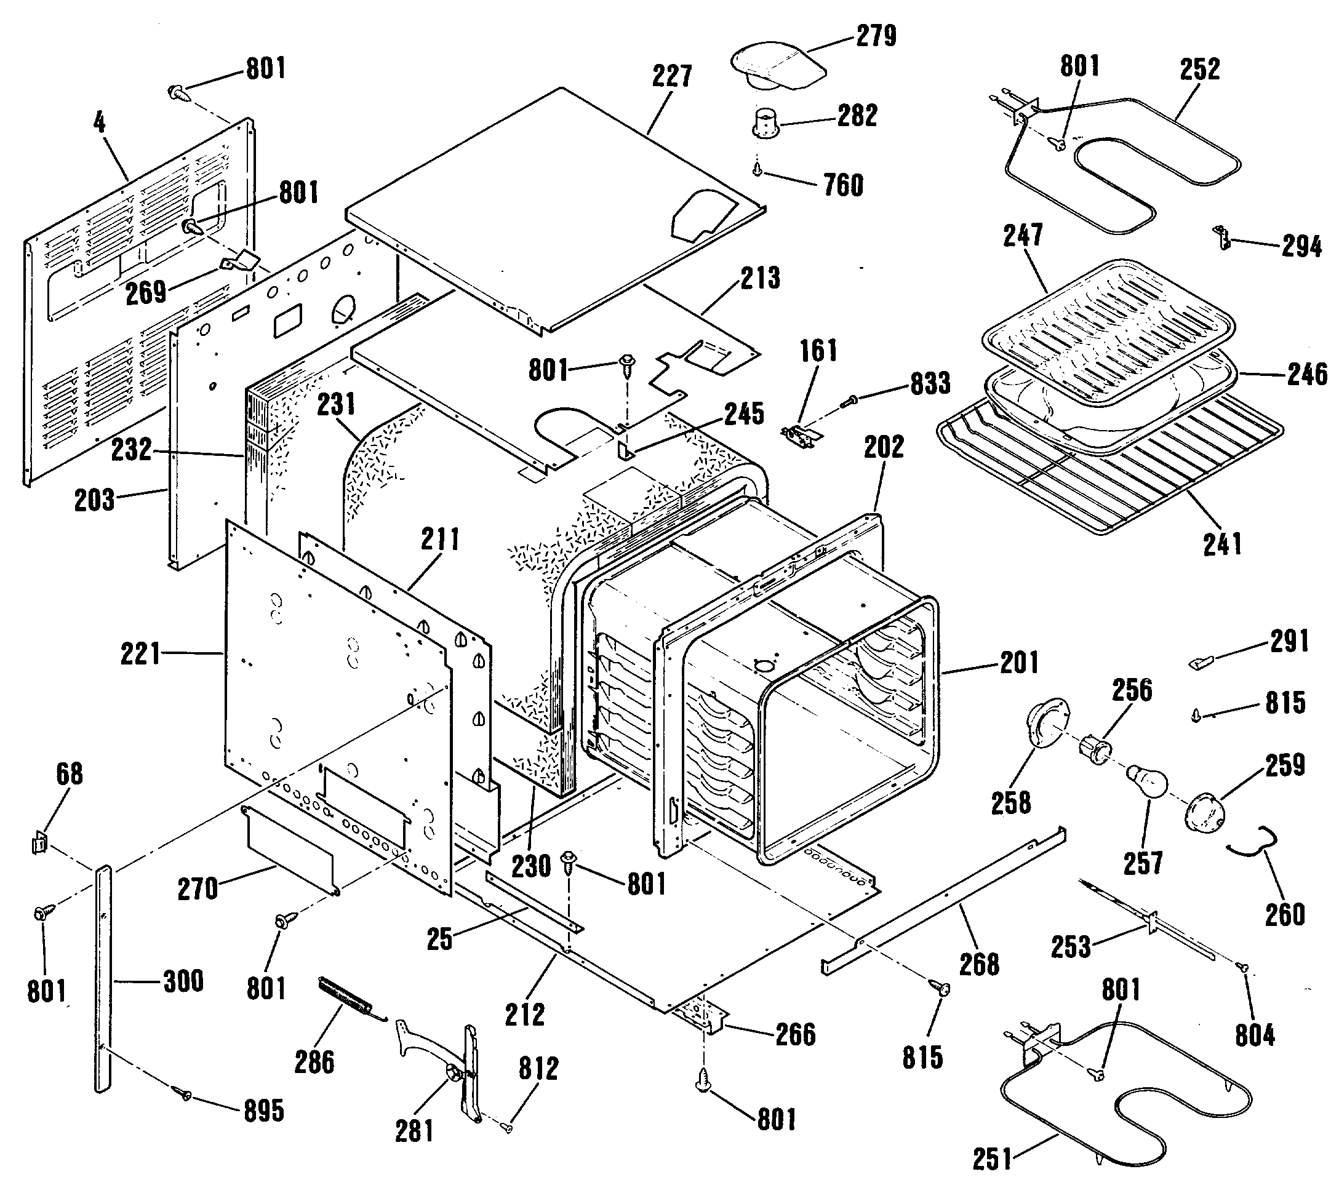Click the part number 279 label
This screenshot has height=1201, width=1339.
(x=876, y=36)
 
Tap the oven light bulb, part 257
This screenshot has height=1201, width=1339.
(x=1147, y=781)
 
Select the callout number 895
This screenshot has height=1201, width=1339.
(x=264, y=1111)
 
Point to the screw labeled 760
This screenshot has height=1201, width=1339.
(x=757, y=170)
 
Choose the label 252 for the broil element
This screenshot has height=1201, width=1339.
(x=1200, y=70)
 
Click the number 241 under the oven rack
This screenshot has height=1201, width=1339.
(x=1222, y=545)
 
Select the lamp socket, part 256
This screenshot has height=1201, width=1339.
(x=1095, y=751)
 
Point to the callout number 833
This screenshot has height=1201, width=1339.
(x=930, y=383)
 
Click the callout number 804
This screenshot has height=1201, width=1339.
(x=1255, y=1036)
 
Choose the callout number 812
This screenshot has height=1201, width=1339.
(x=538, y=1069)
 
